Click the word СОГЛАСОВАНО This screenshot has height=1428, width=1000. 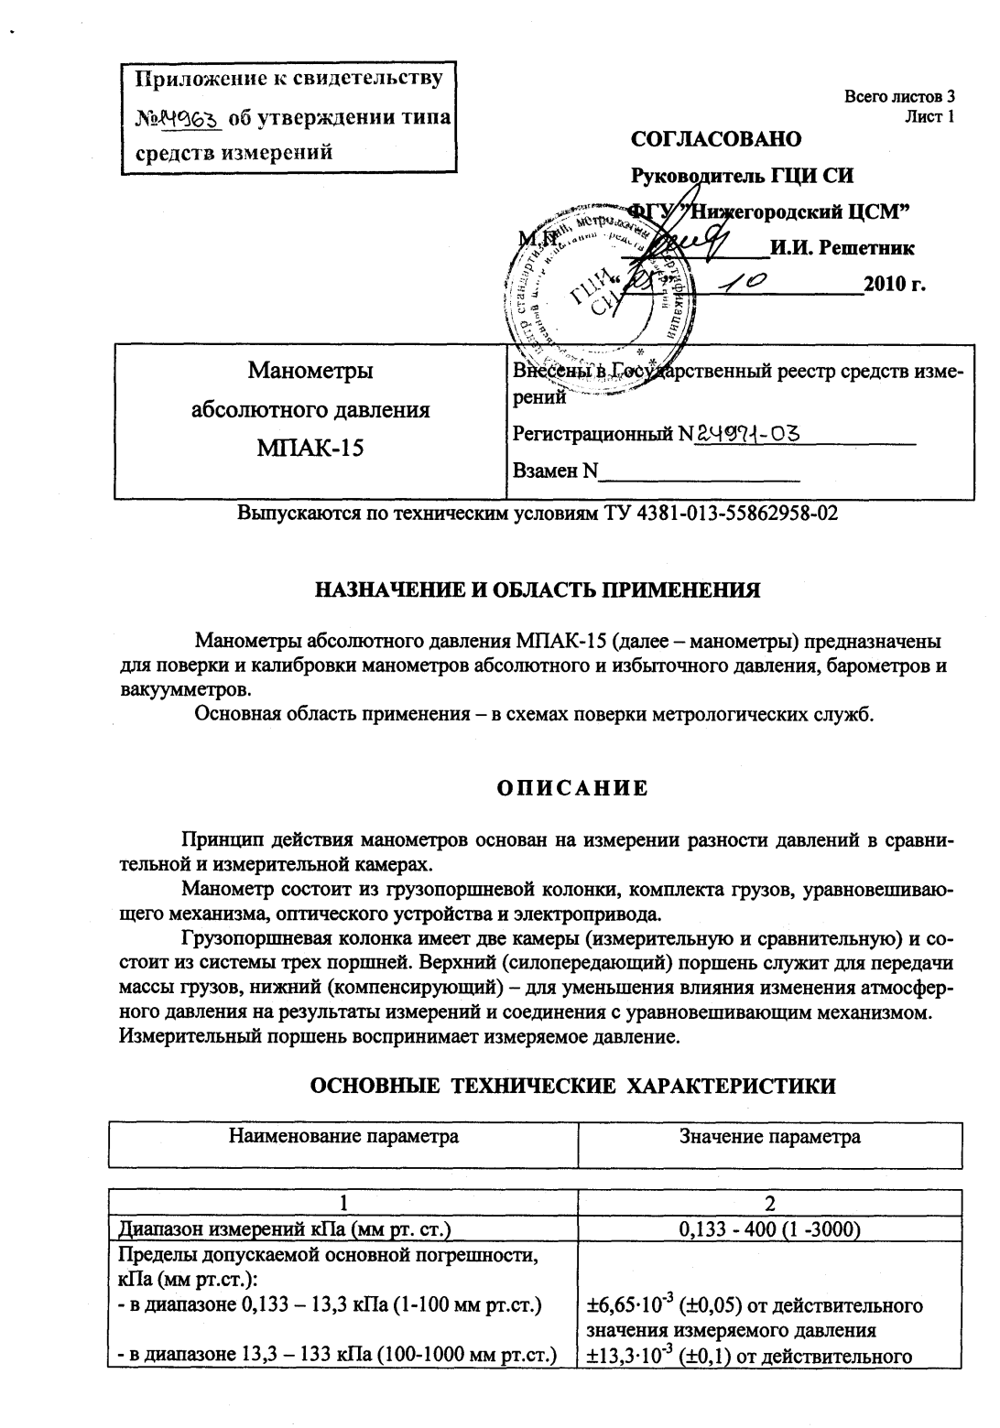(716, 139)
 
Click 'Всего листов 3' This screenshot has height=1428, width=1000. (899, 97)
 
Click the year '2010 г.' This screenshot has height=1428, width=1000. (896, 284)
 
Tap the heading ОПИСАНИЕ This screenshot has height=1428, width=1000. (572, 789)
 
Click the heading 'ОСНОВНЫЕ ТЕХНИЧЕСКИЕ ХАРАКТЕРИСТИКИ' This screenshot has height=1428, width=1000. (573, 1087)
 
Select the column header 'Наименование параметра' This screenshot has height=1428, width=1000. (343, 1138)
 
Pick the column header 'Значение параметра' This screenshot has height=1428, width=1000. (769, 1138)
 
